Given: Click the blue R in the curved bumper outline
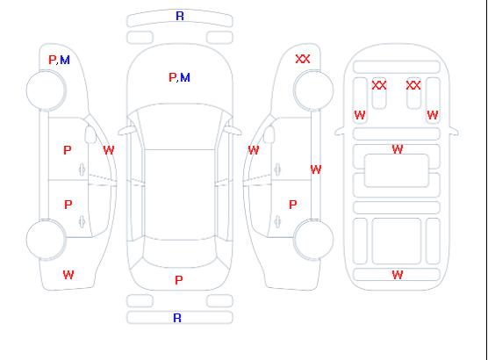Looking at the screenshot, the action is coord(180,16).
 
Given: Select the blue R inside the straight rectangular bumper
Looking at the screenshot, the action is coord(177,318).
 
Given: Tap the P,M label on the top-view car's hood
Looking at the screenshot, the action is coord(179,77).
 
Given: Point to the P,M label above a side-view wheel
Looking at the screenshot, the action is coord(59,60).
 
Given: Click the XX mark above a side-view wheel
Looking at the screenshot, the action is coord(303,59).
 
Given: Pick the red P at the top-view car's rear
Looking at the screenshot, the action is coord(179,280).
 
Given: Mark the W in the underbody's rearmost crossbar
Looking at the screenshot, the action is coord(398,275).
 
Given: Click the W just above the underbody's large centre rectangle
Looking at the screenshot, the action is coord(398,149).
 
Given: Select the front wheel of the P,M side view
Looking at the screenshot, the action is coord(46,90).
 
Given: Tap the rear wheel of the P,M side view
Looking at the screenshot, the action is coord(46,240).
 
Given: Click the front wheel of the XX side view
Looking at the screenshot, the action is coord(313,90).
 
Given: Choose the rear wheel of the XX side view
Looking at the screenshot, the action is coord(313,239).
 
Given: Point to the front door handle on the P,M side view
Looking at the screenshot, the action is coord(82,169).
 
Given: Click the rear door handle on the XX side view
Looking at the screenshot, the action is coord(277,221).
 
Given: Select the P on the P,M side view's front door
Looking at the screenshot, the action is coord(68,150).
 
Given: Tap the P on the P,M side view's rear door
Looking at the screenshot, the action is coord(68,205).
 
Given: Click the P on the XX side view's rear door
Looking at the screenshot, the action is coord(293,205).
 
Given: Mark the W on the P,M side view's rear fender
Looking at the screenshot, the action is coord(68,275).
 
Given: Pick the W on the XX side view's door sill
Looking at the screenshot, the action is coord(316,169).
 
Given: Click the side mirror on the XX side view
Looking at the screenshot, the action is coord(269,134).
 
